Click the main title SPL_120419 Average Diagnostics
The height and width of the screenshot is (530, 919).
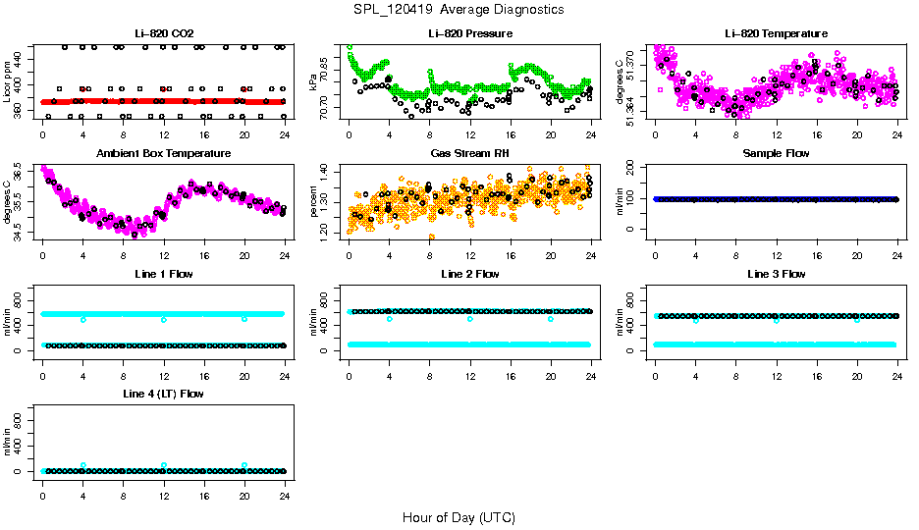tap(459, 9)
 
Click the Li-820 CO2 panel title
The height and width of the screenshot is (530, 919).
tap(162, 34)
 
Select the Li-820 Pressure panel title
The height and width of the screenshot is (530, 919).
tap(469, 34)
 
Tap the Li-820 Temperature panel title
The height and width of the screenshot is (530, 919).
tap(776, 34)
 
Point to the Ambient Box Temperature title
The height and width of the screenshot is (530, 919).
tap(163, 154)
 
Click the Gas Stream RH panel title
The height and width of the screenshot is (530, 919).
tap(469, 154)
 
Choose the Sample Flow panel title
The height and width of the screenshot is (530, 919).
tap(776, 154)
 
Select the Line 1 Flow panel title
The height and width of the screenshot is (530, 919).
tap(163, 274)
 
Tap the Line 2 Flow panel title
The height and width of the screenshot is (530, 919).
tap(469, 274)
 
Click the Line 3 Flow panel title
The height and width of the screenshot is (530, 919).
tap(776, 274)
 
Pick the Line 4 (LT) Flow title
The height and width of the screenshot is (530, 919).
tap(163, 394)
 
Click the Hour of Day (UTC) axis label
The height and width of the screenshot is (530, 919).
tap(459, 517)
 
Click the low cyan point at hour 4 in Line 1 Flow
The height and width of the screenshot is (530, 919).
tap(83, 319)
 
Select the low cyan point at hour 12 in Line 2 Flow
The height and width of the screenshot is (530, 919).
tap(470, 319)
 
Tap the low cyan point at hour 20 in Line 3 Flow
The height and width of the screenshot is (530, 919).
tap(857, 320)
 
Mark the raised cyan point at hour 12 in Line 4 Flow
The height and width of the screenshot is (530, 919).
tap(164, 465)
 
